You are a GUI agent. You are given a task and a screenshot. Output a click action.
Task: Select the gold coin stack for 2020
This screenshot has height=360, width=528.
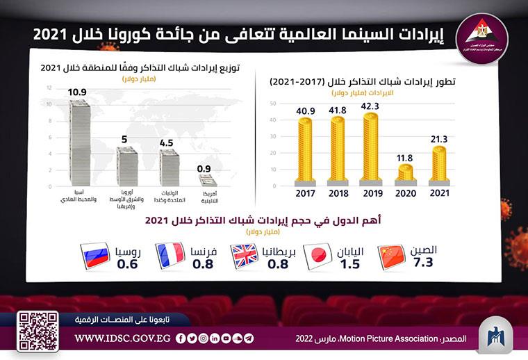[x=404, y=172]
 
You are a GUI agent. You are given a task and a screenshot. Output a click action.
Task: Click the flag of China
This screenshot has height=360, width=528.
[x=390, y=256]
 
